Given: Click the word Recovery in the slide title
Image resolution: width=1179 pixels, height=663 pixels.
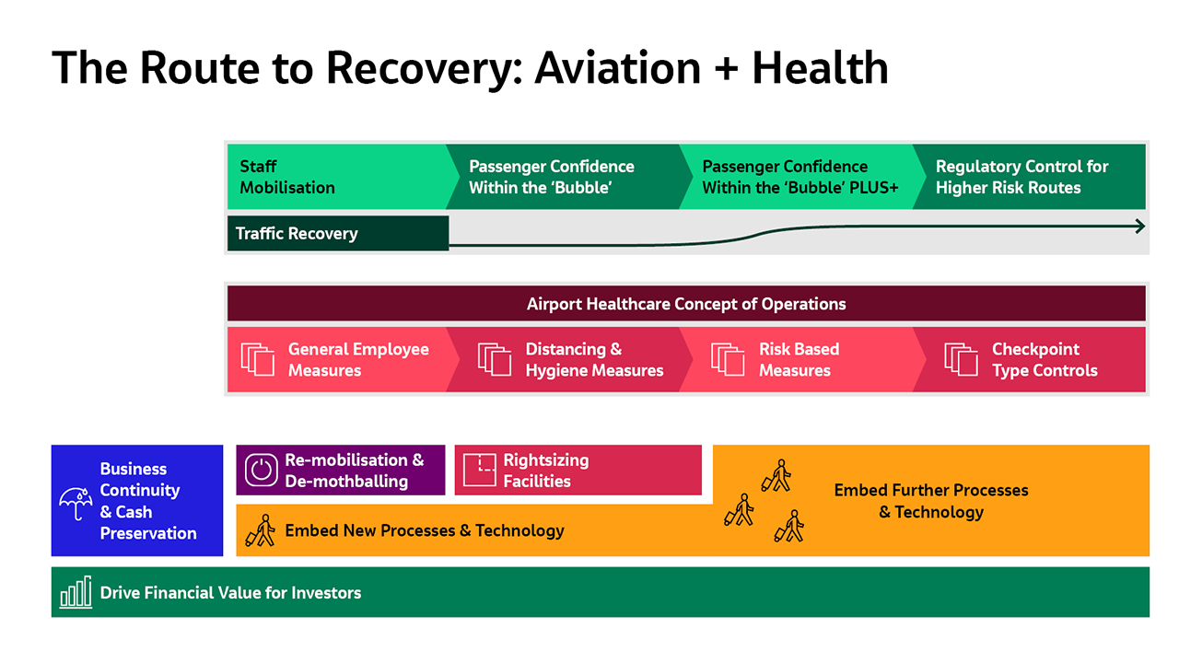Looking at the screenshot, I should [424, 68].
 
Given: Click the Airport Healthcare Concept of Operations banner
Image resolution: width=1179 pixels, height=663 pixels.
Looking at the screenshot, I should [686, 304].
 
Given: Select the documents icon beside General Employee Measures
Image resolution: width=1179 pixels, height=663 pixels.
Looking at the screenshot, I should [258, 359].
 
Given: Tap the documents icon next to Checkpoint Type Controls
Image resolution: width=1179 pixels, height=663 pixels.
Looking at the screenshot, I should [961, 359].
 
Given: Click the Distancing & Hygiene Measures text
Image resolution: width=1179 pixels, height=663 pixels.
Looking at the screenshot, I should [594, 360].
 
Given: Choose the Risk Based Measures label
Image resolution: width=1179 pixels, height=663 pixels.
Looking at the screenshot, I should [799, 360].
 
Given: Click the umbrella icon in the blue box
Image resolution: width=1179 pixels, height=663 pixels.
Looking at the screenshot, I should [76, 503].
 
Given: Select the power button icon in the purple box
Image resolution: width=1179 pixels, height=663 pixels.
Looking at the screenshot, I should [263, 470].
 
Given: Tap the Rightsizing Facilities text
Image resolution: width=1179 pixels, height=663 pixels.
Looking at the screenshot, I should [545, 471].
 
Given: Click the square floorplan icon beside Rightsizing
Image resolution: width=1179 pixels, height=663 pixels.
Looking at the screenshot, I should [479, 470].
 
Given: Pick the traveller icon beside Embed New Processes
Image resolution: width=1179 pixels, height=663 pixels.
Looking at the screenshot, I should [262, 530].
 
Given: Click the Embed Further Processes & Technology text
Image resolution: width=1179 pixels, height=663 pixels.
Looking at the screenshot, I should [931, 501].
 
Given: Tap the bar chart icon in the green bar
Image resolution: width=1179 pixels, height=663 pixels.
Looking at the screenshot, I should [76, 592].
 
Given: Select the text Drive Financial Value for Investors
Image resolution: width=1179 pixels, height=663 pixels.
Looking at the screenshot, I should [230, 593].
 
